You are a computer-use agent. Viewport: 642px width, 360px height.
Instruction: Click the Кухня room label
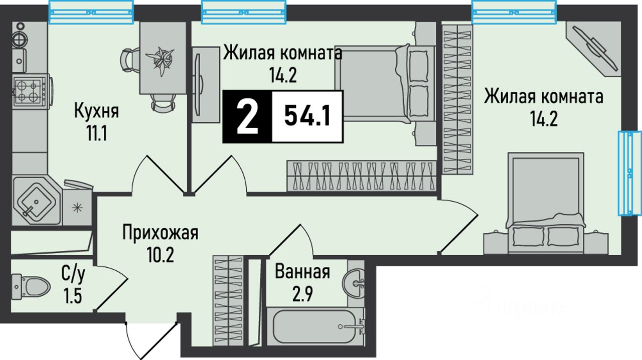(x=96, y=110)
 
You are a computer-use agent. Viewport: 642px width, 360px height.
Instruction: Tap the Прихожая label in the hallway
(x=160, y=233)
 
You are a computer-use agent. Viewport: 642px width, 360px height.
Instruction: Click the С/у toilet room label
(x=72, y=275)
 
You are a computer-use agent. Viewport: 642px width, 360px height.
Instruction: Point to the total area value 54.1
(x=306, y=116)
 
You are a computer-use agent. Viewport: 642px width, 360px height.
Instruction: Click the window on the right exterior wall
(x=629, y=173)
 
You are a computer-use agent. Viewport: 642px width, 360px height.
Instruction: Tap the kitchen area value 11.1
(x=96, y=134)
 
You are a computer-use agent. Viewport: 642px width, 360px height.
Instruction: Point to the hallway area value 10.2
(x=160, y=256)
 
